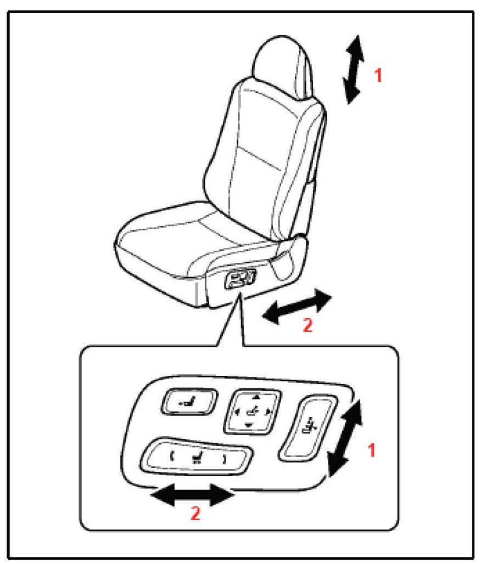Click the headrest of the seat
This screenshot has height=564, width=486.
283,66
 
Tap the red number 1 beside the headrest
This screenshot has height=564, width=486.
378,75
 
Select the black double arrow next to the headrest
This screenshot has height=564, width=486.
353,70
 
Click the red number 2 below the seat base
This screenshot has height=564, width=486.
308,325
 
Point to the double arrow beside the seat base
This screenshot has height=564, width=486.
297,306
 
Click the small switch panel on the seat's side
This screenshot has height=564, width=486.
240,279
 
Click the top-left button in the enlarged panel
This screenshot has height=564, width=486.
189,402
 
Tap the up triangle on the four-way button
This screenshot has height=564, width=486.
256,397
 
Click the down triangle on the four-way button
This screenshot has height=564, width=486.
249,426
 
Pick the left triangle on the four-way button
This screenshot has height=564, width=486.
237,411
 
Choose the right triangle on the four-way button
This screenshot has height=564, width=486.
268,411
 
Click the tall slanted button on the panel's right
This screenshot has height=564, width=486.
308,428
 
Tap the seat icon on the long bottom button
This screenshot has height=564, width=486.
197,458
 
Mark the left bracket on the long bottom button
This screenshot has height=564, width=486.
172,457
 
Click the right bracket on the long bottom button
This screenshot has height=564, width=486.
225,460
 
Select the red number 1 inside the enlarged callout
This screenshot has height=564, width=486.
372,450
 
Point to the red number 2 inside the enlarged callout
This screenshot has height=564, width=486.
195,513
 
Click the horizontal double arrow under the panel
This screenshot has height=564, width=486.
193,495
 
